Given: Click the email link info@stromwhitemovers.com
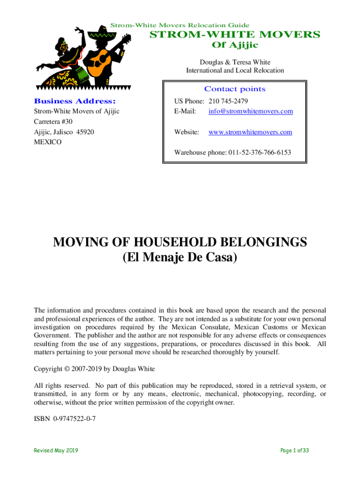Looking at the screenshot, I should [x=251, y=111].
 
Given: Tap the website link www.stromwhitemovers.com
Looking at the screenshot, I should [x=250, y=132].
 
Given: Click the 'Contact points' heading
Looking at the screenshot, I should [x=235, y=89].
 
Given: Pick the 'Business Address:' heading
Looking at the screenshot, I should [x=74, y=101].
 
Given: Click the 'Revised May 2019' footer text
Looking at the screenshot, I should [x=56, y=450].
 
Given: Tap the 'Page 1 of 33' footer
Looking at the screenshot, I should [x=295, y=450].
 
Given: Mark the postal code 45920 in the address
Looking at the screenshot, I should [x=85, y=132].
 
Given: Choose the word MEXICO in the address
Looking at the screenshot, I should [x=48, y=142].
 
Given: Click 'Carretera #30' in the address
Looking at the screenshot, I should [x=53, y=122].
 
